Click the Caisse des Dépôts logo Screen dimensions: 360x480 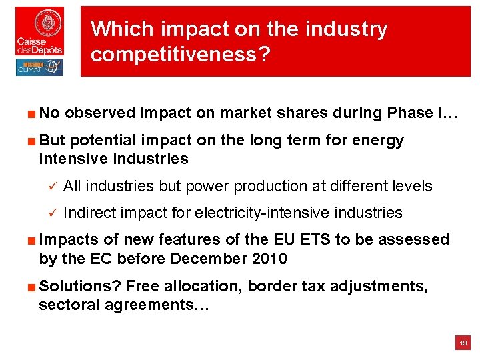40,31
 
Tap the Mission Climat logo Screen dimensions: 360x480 40,67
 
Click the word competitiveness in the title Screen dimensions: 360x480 180,54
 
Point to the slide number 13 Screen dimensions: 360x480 463,343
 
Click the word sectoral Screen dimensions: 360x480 67,305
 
